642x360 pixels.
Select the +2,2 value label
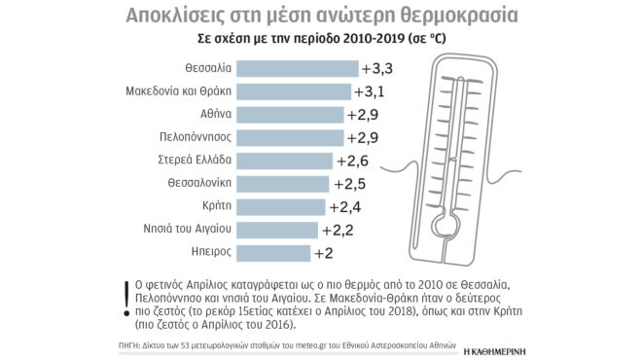tap(337, 231)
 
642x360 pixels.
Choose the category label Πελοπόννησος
tap(194, 138)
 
